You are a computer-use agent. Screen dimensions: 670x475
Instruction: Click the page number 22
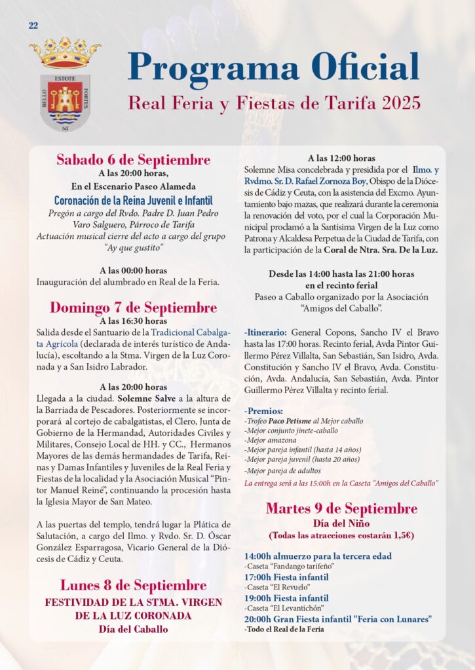click(x=33, y=26)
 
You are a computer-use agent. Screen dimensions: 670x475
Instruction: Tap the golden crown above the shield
click(x=60, y=53)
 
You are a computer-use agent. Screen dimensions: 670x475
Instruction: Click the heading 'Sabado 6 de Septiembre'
click(x=133, y=160)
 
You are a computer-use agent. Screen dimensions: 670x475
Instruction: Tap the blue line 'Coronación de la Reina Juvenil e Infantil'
click(x=133, y=200)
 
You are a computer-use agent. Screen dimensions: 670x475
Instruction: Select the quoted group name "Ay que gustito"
click(x=133, y=248)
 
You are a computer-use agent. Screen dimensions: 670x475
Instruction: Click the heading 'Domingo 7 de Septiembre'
click(x=133, y=308)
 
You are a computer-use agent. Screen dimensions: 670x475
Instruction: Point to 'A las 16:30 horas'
click(x=133, y=321)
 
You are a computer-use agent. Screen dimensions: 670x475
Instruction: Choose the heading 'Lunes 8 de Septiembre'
click(x=133, y=585)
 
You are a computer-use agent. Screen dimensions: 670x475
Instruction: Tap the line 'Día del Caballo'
click(x=133, y=629)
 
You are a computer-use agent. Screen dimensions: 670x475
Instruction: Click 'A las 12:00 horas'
click(x=341, y=158)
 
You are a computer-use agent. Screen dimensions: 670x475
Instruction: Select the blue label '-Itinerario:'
click(x=265, y=332)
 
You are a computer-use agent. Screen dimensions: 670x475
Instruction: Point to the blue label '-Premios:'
click(x=263, y=411)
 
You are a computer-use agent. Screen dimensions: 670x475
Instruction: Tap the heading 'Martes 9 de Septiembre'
click(x=341, y=509)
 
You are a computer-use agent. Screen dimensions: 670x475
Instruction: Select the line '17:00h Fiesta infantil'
click(x=286, y=577)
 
